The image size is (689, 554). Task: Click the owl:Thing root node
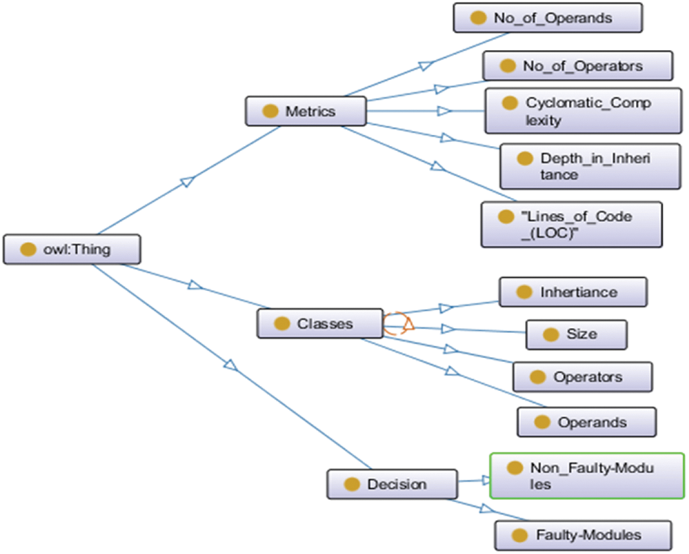[x=72, y=250]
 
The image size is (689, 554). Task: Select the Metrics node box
[x=305, y=111]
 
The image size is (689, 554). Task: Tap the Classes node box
[x=320, y=323]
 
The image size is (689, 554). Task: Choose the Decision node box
[x=392, y=484]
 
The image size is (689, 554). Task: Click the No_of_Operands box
[x=548, y=18]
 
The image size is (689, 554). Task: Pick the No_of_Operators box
[x=578, y=66]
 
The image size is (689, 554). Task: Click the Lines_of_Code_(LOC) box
[x=571, y=225]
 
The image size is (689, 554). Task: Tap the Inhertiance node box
[x=573, y=292]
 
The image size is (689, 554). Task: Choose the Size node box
[x=577, y=335]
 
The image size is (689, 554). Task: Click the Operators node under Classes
[x=582, y=377]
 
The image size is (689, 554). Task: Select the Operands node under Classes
[x=587, y=422]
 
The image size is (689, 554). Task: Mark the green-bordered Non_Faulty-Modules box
[x=587, y=476]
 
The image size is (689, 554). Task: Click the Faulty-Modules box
[x=583, y=535]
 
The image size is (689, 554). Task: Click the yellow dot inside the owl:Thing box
[x=28, y=250]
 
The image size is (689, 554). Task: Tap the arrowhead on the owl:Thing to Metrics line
[x=187, y=180]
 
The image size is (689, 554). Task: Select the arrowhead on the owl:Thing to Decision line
[x=230, y=365]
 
